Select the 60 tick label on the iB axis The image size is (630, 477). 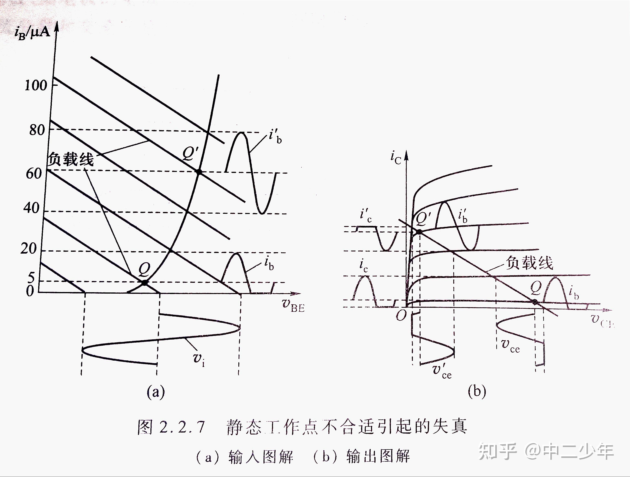[x=34, y=173]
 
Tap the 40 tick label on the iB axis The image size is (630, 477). [x=31, y=208]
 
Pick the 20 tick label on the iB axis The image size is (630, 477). [x=29, y=249]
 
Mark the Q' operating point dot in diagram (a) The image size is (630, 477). [x=199, y=172]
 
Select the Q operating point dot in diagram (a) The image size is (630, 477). [x=145, y=283]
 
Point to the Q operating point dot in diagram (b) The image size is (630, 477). [x=535, y=302]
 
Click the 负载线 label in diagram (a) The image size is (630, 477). [x=70, y=159]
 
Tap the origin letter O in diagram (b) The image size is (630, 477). [x=401, y=315]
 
